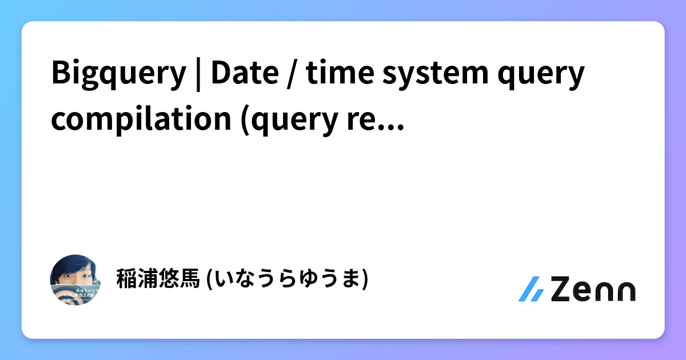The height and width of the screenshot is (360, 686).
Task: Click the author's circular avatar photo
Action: pos(76,279)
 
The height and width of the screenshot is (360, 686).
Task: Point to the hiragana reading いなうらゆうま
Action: pos(286,279)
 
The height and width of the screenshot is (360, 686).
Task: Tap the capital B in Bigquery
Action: pos(60,74)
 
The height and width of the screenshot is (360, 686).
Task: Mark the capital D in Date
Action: pos(221,74)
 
